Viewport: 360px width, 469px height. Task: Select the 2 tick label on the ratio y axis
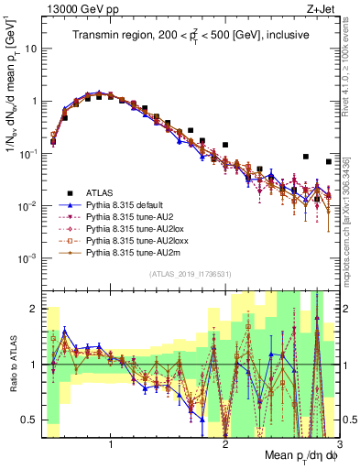[x=38, y=310]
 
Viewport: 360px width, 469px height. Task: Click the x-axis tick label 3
[x=338, y=444]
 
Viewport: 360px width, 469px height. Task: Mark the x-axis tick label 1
[x=111, y=444]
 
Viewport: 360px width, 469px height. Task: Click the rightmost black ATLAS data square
[x=328, y=161]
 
